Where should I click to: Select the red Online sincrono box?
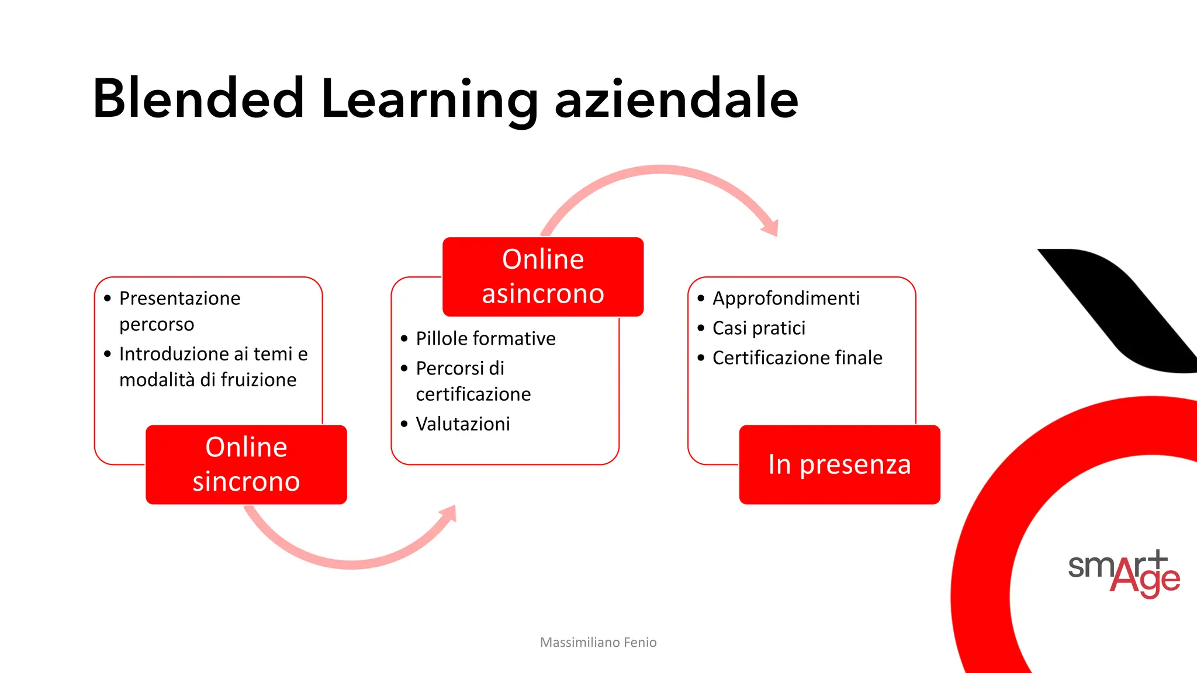tap(246, 464)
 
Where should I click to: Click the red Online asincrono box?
tap(543, 276)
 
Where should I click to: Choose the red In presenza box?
tap(839, 464)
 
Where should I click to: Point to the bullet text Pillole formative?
tap(485, 338)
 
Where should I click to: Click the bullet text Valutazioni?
tap(463, 424)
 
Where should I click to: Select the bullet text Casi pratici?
tap(759, 328)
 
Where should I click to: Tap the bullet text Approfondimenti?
tap(786, 298)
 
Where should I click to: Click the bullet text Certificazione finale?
tap(797, 358)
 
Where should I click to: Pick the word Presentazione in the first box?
tap(179, 298)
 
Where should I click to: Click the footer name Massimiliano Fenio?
tap(598, 642)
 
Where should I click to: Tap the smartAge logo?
tap(1123, 573)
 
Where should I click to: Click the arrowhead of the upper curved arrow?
tap(771, 227)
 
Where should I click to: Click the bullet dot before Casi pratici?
tap(701, 328)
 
